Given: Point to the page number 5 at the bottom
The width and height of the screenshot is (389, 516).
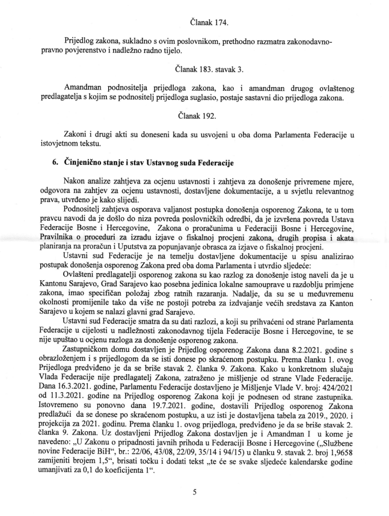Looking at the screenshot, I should (x=194, y=491).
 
